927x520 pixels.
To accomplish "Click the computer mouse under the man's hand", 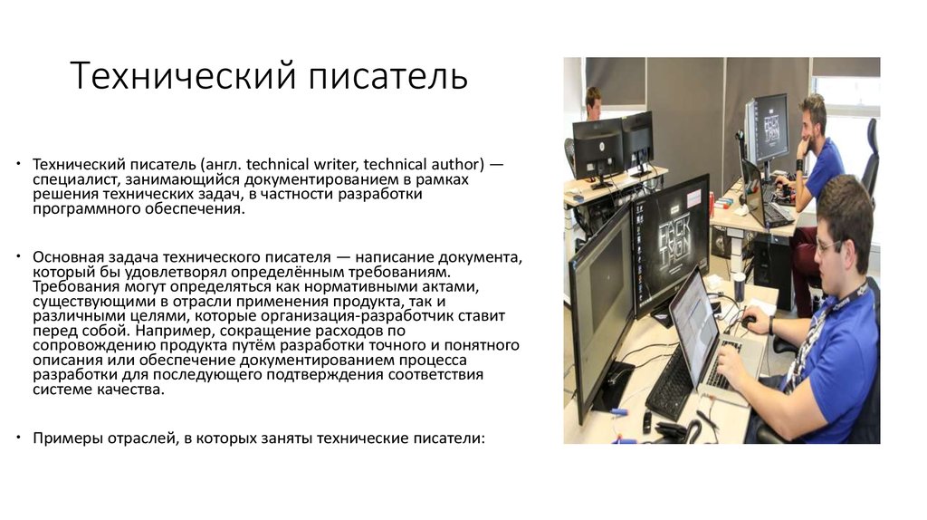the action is point(749,322).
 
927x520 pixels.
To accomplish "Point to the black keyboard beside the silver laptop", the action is point(670,383).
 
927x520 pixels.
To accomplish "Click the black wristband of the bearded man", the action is point(800,165).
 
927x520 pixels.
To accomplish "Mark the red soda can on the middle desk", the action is point(712,204).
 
